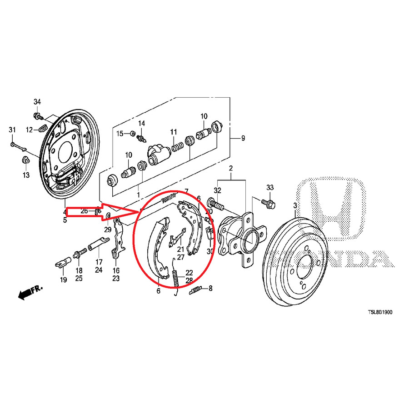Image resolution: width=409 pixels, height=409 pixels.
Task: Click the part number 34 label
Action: click(x=37, y=101)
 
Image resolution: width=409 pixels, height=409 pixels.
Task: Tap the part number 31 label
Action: click(x=12, y=130)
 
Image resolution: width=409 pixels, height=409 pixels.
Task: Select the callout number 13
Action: click(x=26, y=175)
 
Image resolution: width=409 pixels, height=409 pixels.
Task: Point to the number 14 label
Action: click(x=141, y=123)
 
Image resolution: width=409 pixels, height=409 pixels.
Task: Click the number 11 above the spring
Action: click(x=174, y=132)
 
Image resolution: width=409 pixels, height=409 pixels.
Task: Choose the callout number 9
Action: click(x=243, y=138)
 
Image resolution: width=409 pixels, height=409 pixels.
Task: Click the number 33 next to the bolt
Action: click(x=270, y=187)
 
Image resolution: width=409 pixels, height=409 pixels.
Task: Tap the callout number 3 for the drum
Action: click(x=295, y=206)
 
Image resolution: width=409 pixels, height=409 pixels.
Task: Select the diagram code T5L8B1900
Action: click(x=380, y=313)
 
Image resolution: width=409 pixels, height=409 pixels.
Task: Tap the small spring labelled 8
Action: click(x=196, y=289)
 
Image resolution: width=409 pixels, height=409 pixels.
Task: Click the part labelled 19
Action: click(x=62, y=262)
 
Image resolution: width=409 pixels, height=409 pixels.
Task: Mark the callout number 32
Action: click(x=218, y=190)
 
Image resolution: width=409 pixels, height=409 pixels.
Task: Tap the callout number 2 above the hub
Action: click(x=231, y=169)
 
